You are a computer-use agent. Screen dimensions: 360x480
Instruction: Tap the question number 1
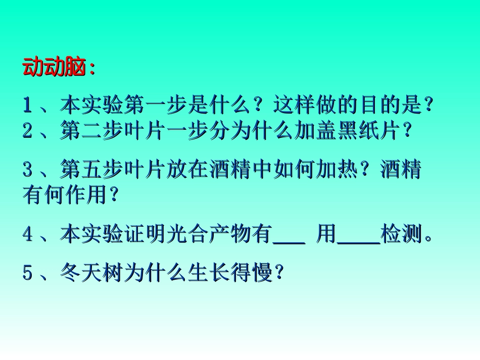coord(27,106)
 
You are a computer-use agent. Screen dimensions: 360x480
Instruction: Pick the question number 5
coord(27,273)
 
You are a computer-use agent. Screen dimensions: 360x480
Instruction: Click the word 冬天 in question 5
coord(77,273)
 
